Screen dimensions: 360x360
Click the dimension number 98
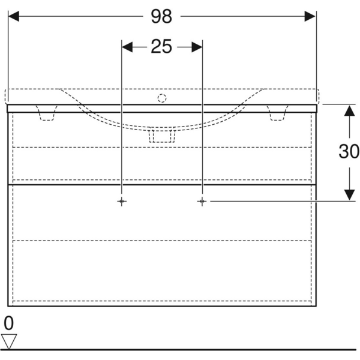(x=161, y=16)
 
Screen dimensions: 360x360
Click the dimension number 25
(x=161, y=46)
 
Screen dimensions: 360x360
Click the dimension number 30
(x=349, y=151)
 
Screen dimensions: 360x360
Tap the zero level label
(x=9, y=323)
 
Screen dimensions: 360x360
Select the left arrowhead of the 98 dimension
(x=14, y=16)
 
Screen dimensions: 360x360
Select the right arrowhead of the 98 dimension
(x=310, y=16)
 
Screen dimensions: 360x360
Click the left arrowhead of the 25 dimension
(x=127, y=47)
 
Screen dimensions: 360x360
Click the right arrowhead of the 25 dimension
(x=197, y=47)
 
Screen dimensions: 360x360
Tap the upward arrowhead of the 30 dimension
(x=350, y=110)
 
